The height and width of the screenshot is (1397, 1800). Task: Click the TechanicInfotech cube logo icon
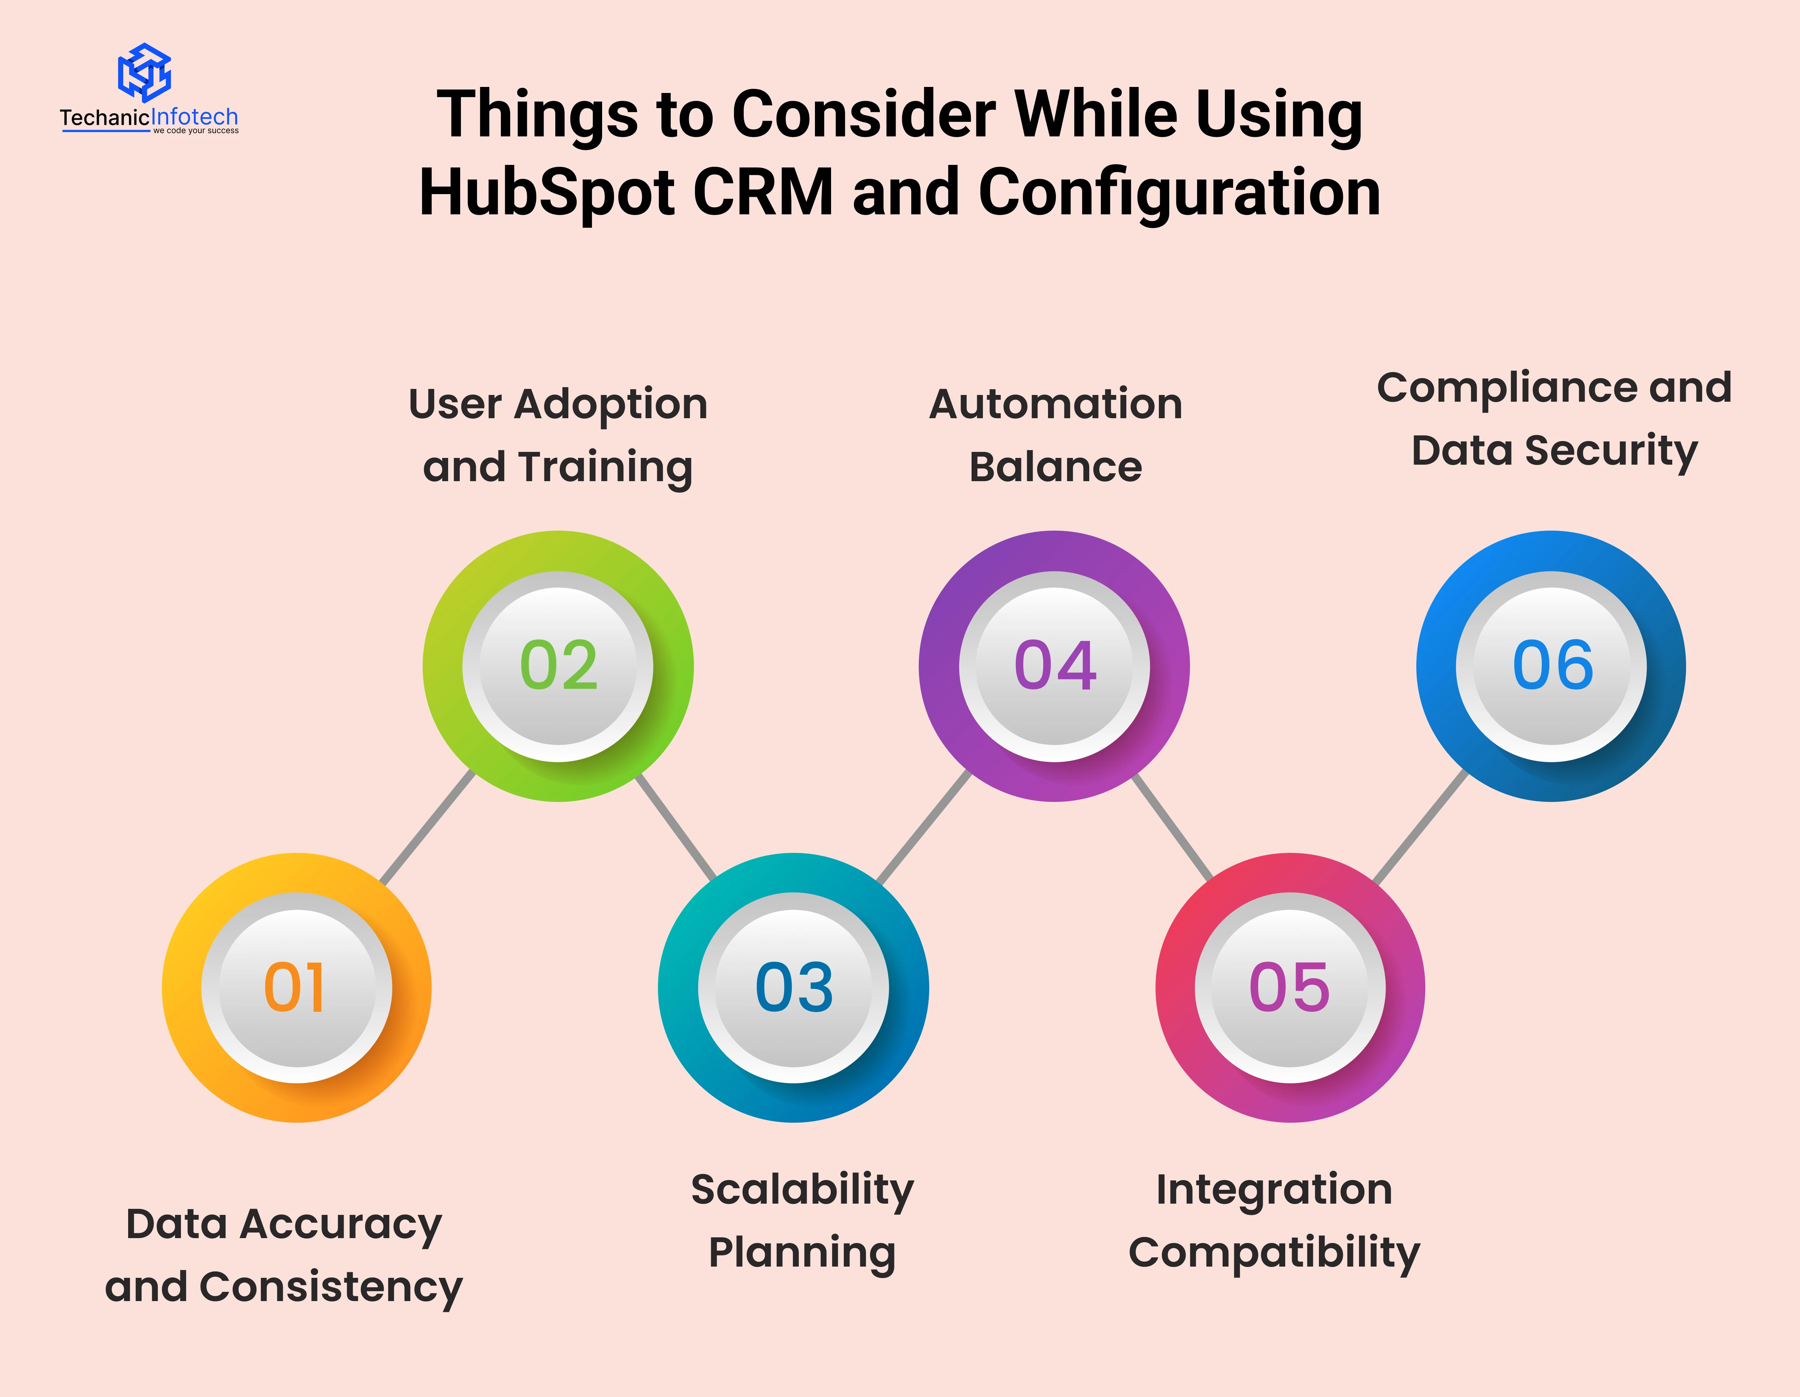point(144,73)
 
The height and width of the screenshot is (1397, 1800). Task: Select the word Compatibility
point(1274,1253)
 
